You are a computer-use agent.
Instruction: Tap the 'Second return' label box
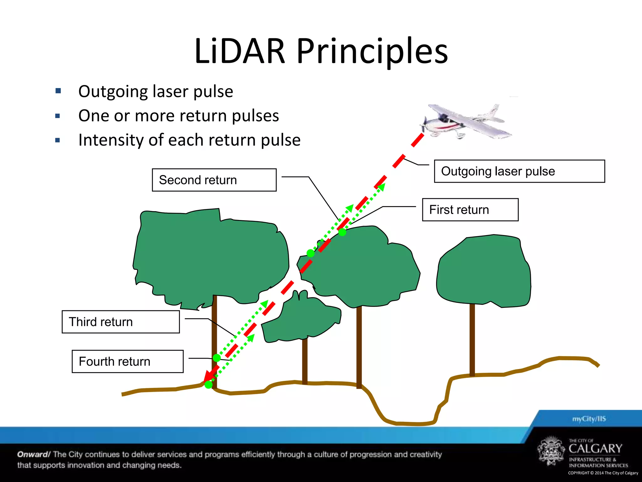[214, 180]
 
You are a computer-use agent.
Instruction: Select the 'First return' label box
[470, 210]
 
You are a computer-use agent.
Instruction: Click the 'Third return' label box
[121, 322]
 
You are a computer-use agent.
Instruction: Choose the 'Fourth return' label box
[128, 361]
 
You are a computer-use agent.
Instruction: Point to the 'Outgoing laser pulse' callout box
[519, 171]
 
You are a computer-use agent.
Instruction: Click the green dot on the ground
[208, 385]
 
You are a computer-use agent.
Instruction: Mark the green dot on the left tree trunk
[217, 358]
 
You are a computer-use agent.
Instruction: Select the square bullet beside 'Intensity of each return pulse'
[58, 140]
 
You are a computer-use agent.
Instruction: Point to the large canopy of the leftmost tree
[210, 254]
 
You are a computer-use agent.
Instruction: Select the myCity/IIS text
[589, 419]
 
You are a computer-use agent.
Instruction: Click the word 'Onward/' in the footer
[34, 454]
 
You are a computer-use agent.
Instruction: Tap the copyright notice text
[603, 473]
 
